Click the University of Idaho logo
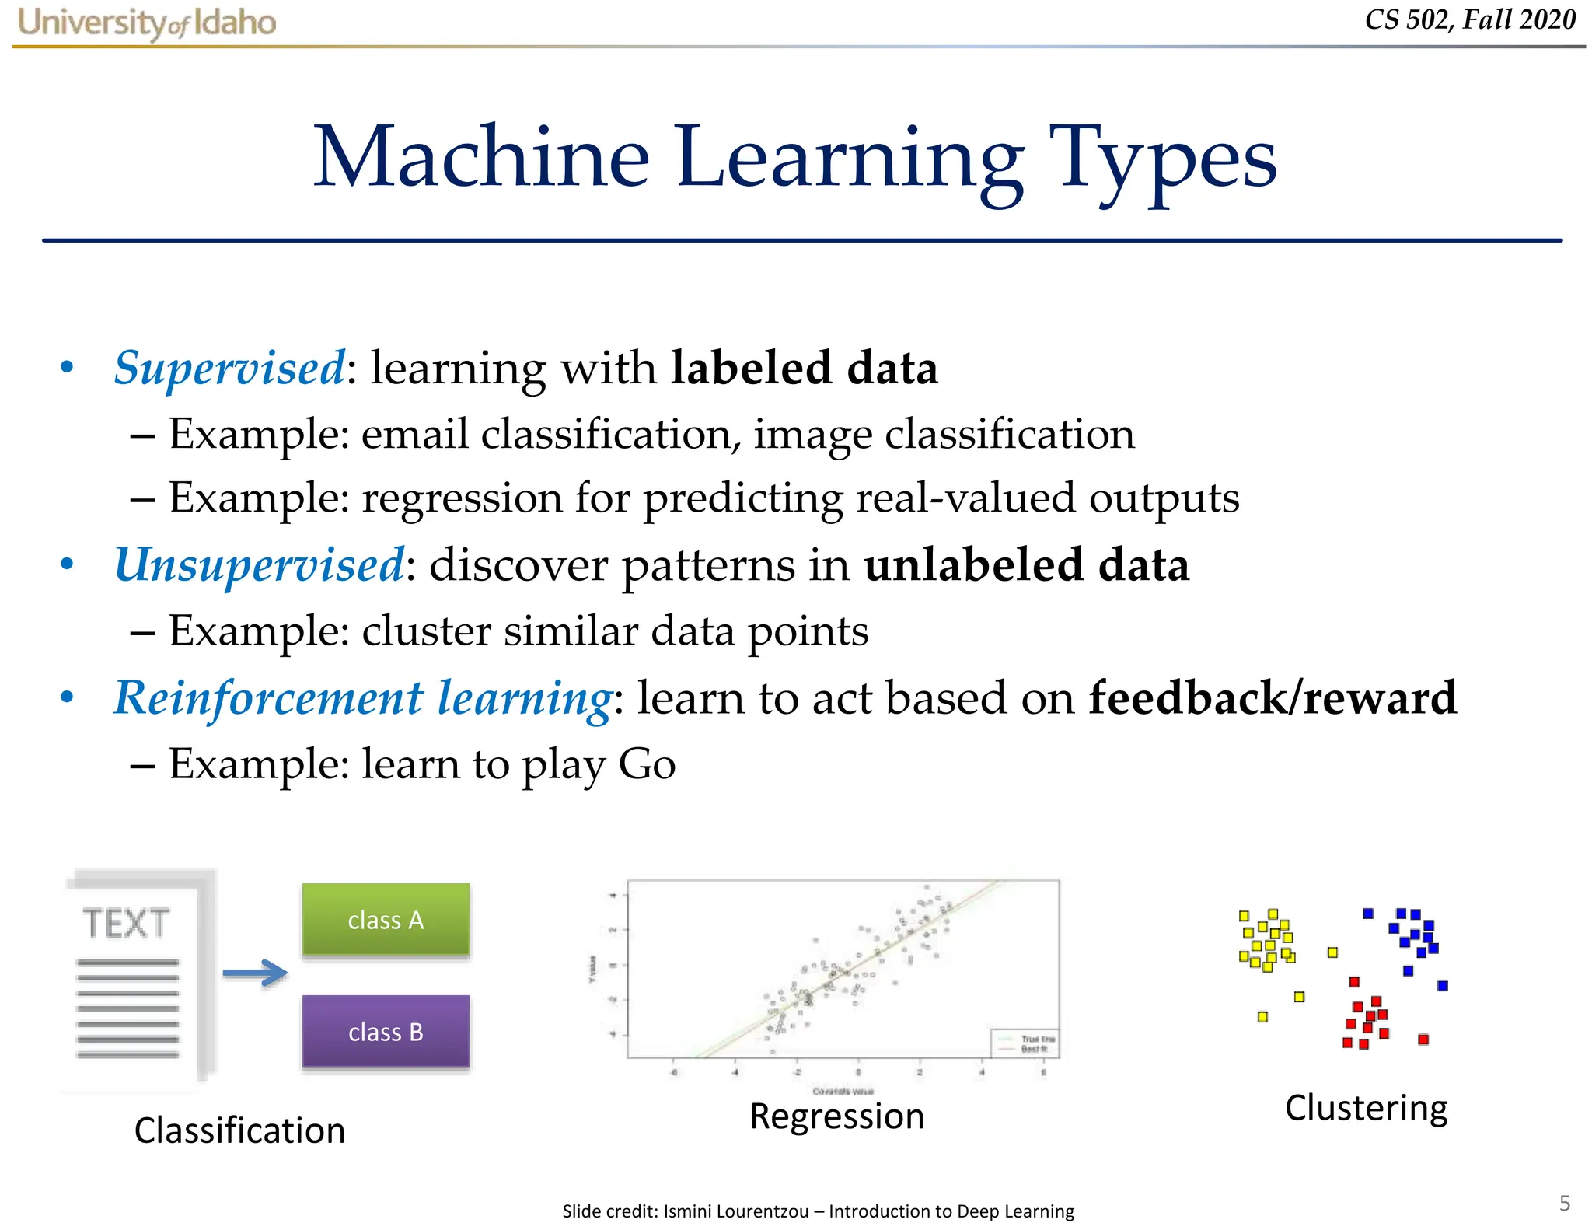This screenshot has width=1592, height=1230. [146, 23]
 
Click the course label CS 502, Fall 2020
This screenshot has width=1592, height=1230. [1469, 20]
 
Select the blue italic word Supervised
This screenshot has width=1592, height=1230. [229, 368]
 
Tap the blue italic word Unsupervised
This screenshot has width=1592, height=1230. [259, 564]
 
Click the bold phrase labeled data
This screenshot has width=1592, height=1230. [804, 368]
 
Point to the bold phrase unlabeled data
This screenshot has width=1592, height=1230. [1026, 564]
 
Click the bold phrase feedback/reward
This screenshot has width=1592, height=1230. [1272, 697]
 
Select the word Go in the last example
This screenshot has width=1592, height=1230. [647, 764]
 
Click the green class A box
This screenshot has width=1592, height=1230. [386, 920]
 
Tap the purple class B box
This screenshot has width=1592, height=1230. [386, 1032]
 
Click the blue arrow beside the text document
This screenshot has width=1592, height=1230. [255, 973]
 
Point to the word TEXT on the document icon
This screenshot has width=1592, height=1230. [126, 924]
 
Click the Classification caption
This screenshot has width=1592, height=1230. [239, 1130]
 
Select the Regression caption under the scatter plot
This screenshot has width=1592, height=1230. [836, 1116]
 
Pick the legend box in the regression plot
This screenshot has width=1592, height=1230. [1024, 1043]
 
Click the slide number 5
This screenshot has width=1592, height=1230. [1564, 1203]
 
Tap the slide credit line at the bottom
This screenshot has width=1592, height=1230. [818, 1211]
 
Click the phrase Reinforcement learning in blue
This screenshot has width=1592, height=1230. [363, 697]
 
